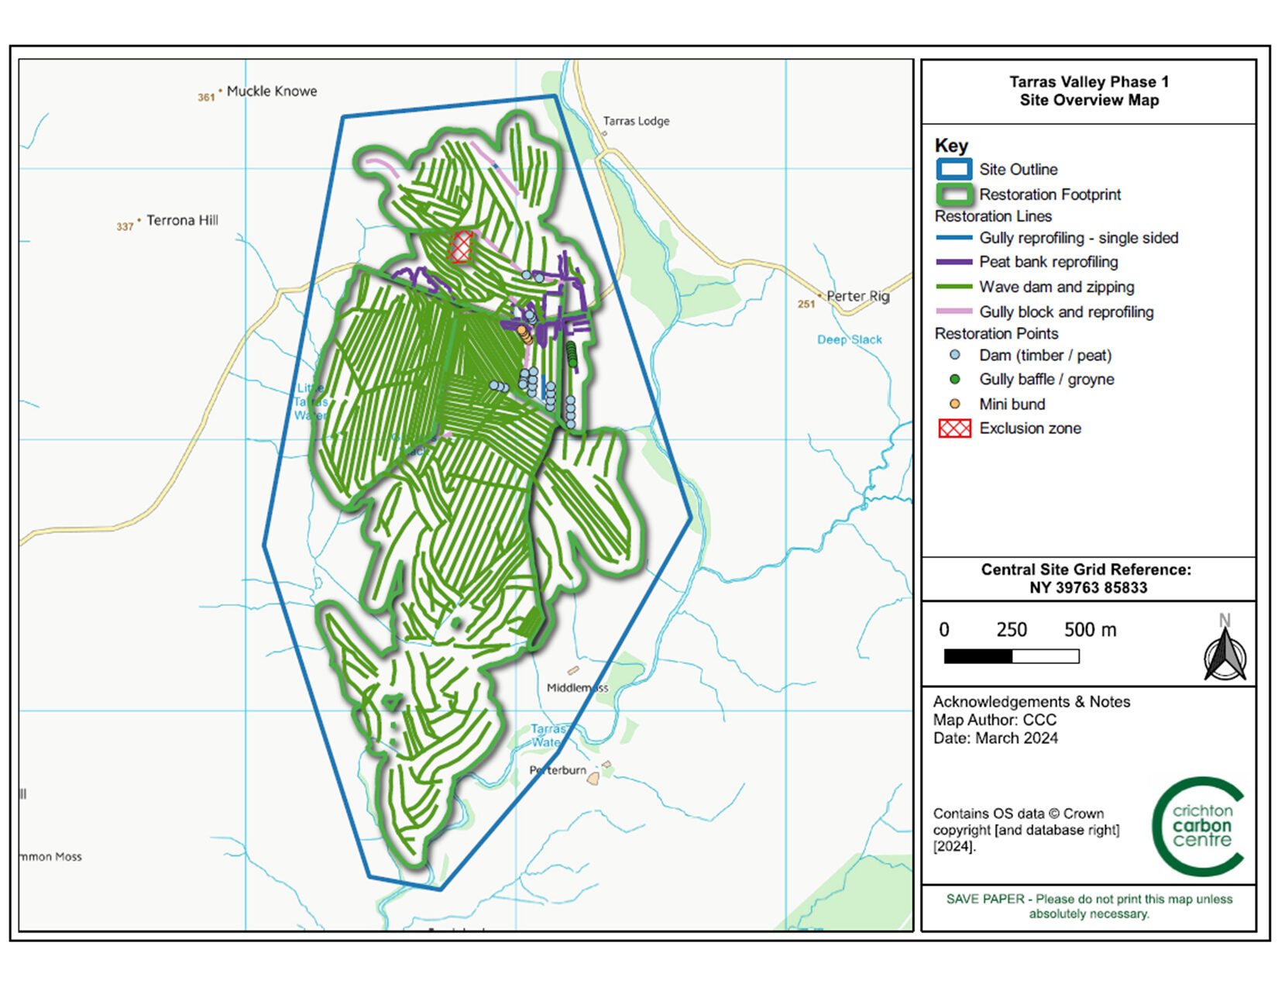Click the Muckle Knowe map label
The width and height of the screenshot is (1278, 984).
point(271,91)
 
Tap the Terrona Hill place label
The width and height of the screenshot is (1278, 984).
point(182,221)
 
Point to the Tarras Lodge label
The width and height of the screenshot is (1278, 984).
point(636,121)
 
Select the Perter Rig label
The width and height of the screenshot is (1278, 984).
point(857,296)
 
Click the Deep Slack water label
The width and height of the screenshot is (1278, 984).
point(849,339)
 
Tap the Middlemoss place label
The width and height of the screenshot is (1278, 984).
point(577,687)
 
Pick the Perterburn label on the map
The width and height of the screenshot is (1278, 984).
point(558,770)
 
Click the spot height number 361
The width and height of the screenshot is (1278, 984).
point(205,98)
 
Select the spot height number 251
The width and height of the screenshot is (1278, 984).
point(806,304)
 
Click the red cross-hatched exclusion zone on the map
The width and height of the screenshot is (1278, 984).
point(461,247)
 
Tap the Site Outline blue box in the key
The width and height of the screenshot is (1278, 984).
point(953,170)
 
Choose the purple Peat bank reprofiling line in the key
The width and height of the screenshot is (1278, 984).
point(953,262)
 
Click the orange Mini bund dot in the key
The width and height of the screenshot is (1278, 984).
point(954,404)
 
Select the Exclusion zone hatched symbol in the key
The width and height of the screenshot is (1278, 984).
point(954,428)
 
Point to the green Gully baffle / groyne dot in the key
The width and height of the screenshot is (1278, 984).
point(954,379)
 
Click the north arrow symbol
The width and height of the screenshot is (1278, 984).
point(1225,651)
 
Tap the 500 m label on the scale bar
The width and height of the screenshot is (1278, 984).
point(1090,630)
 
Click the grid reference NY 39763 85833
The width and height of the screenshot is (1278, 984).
point(1087,588)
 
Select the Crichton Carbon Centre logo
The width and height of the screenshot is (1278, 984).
point(1199,826)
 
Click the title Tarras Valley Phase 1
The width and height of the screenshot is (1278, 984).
point(1088,82)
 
